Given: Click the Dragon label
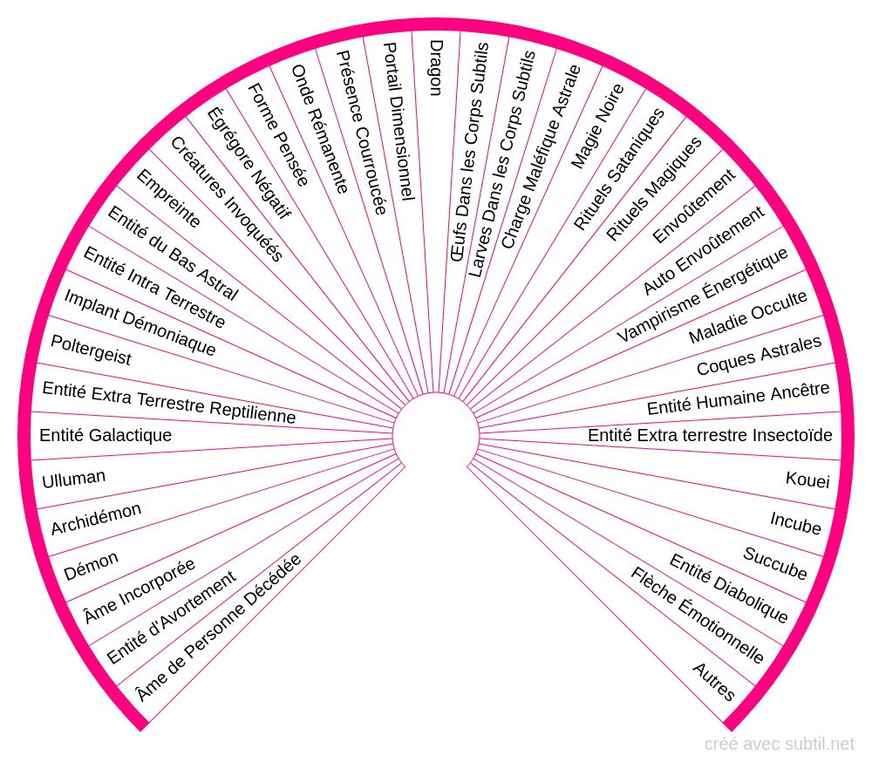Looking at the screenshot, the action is pos(437,68).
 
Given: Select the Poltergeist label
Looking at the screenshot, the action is pos(92,350).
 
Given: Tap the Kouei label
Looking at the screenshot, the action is pos(807,480).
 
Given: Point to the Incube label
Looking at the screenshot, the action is pos(795,523).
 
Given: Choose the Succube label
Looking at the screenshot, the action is pos(774,563).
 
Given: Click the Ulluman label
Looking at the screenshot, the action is pos(73,479).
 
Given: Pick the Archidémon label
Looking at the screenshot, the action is pos(96,519).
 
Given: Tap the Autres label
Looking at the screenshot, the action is pos(713,682).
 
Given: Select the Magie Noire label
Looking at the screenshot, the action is pos(598,126).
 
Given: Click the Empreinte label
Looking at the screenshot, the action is pos(168,199).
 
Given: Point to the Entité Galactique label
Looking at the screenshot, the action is pos(106,435).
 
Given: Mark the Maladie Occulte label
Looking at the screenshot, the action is pos(747,317).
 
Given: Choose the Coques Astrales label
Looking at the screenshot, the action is pos(760,356).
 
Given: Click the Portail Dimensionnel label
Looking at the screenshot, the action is pos(399,121).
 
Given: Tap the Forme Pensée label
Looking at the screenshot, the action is pos(278,134).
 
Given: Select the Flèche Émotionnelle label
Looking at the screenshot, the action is pos(698,616).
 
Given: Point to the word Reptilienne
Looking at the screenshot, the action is pos(253,412).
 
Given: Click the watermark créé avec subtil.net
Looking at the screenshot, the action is pos(779,744).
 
